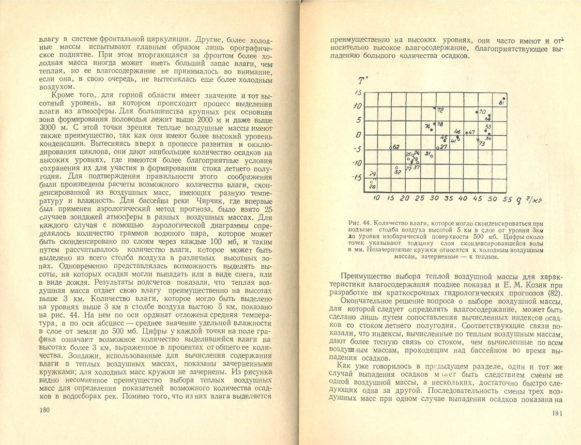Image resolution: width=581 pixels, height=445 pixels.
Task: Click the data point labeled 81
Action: [x=504, y=98]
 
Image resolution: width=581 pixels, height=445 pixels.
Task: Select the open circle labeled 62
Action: [x=390, y=147]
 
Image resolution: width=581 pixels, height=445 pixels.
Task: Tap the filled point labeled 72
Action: [x=435, y=109]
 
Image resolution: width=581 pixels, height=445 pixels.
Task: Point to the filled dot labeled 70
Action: [x=477, y=112]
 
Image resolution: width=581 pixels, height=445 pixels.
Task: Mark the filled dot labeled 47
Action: [x=466, y=132]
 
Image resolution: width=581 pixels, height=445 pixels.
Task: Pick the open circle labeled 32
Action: [x=397, y=167]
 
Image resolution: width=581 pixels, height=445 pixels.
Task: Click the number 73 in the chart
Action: [x=481, y=143]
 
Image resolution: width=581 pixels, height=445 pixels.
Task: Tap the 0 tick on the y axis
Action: [x=359, y=135]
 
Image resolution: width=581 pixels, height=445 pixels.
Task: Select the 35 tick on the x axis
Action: [x=448, y=199]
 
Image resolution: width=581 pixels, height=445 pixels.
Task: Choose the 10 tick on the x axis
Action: [x=377, y=198]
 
